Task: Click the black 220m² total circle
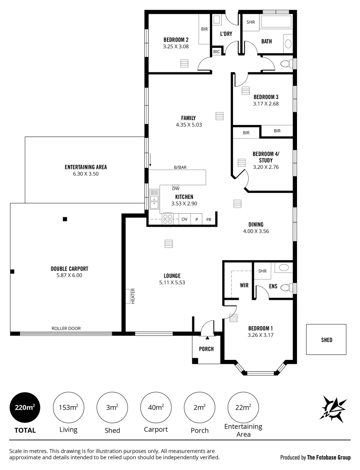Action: [25, 407]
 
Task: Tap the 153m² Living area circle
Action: [68, 407]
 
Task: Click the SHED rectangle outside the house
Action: [326, 339]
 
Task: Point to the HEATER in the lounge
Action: [130, 296]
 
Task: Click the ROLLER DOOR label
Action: [66, 329]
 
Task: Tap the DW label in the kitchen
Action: [176, 188]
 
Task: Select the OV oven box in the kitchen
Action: [184, 219]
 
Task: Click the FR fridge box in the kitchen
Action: [209, 219]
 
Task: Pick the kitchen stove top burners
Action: [167, 219]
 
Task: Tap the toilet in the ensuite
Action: [286, 287]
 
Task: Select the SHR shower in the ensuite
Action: [262, 271]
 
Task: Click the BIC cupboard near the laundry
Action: [217, 51]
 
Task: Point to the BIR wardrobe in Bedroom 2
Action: [204, 29]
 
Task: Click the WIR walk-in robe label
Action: [244, 286]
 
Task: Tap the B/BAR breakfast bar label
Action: [180, 167]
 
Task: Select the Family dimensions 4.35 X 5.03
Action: [189, 124]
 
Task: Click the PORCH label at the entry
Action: [207, 349]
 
